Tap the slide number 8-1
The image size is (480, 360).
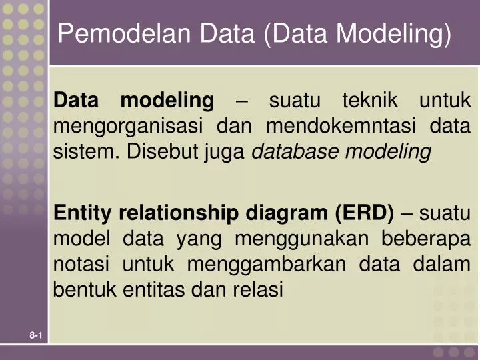coord(36,339)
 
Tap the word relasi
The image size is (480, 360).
coord(259,290)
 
